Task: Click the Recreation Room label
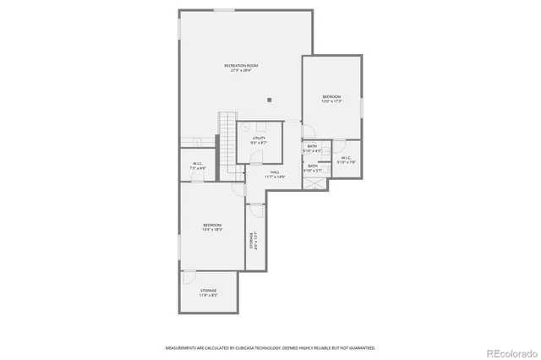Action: point(241,68)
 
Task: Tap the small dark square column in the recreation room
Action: point(269,100)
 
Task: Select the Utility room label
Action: point(259,140)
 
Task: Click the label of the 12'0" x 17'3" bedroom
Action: point(331,100)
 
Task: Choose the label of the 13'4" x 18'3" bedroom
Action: point(211,226)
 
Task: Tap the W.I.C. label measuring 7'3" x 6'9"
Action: point(197,166)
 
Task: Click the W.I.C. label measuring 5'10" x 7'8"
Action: point(347,160)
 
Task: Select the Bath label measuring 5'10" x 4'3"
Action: point(313,149)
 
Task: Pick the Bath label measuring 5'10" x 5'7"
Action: point(313,167)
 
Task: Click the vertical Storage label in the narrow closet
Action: point(252,242)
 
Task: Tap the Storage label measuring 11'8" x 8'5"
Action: point(208,292)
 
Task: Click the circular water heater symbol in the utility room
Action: point(246,142)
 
